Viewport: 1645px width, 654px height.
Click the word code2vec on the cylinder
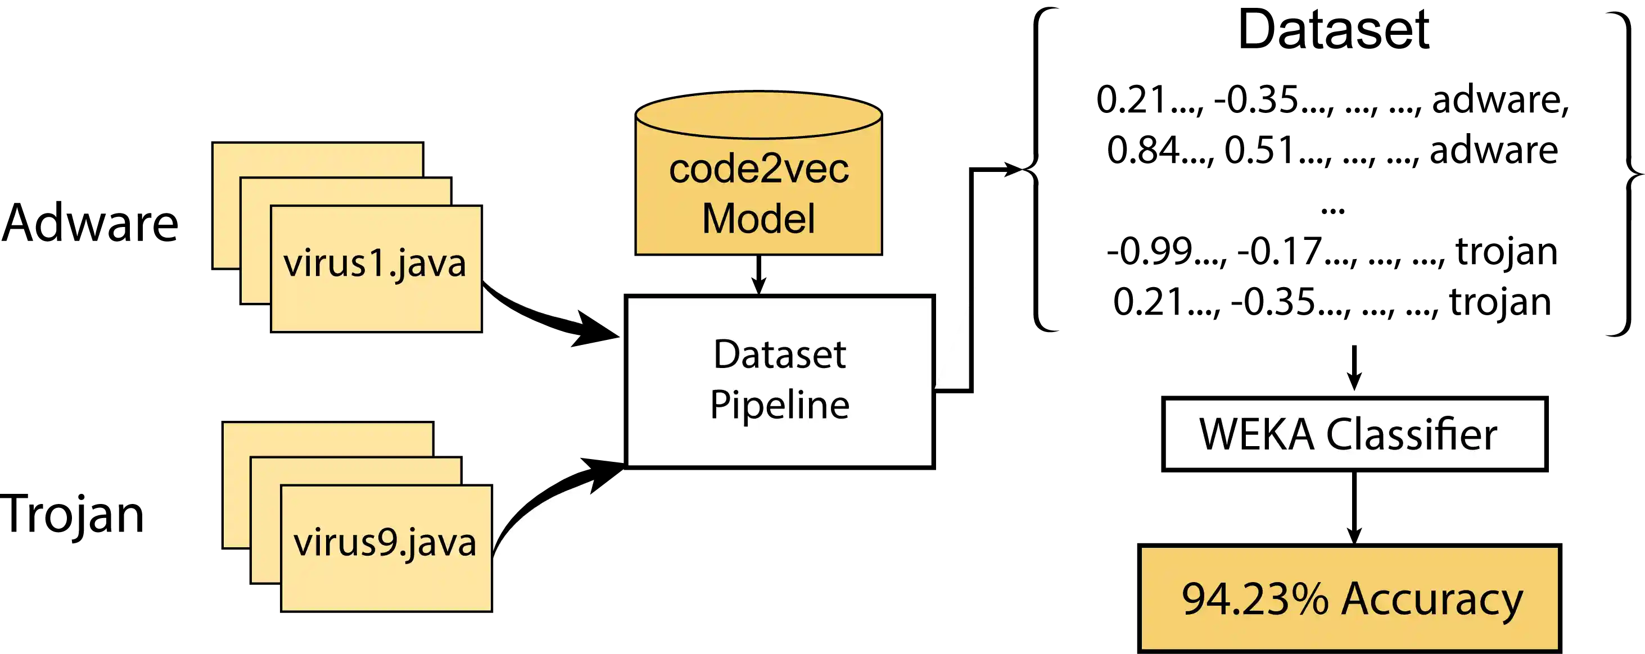coord(758,169)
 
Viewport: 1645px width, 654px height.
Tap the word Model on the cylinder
coord(758,219)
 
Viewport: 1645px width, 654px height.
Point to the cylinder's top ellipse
coord(758,115)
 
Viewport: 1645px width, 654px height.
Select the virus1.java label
coord(375,264)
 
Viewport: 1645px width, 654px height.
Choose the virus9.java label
coord(385,543)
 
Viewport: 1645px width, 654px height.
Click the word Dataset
coord(779,355)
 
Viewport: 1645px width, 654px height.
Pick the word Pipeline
coord(779,405)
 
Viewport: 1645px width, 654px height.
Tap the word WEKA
coord(1256,434)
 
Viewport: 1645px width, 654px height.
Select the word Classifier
coord(1411,434)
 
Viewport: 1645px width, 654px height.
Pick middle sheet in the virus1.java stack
coord(345,192)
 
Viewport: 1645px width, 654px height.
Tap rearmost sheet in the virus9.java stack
coord(327,439)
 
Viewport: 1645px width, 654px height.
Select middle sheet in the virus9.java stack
coord(355,471)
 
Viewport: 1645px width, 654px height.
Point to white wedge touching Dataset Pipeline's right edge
coord(955,357)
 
